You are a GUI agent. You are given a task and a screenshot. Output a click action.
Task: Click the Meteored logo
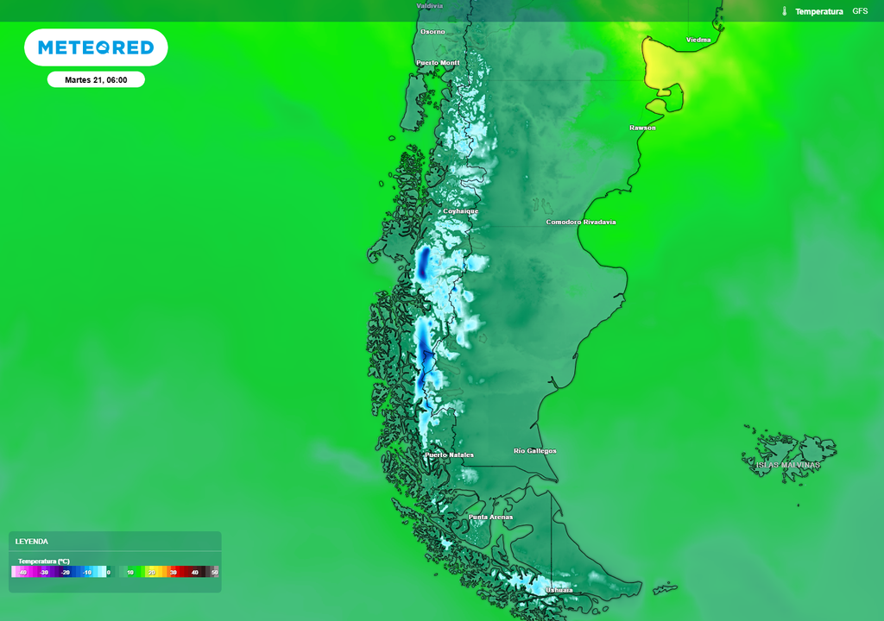point(96,47)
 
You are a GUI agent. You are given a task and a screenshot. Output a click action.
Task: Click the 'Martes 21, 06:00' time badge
point(96,80)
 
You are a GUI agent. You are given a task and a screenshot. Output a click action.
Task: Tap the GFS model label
point(860,11)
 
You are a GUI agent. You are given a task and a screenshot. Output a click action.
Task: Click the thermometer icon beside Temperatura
point(785,11)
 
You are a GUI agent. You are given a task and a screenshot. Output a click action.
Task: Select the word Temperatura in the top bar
point(818,11)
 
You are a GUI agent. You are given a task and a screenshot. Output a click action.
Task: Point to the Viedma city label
point(698,40)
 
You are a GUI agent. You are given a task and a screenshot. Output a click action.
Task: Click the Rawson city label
point(642,128)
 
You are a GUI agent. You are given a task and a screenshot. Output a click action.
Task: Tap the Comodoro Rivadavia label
point(581,222)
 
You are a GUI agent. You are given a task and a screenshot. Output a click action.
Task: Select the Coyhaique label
point(460,210)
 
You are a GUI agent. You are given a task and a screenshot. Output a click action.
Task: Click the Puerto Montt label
point(438,63)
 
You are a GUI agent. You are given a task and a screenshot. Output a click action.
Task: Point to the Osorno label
point(433,32)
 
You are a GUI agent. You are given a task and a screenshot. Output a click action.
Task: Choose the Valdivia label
point(430,5)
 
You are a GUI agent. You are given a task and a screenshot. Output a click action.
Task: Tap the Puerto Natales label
point(449,455)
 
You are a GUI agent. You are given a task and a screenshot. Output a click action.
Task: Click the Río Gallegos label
point(535,451)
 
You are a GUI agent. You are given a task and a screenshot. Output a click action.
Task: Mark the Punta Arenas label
point(490,517)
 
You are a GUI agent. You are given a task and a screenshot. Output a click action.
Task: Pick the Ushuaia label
point(559,590)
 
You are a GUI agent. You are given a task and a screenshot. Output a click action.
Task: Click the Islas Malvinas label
point(788,465)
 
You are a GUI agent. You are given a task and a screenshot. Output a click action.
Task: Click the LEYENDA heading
point(32,542)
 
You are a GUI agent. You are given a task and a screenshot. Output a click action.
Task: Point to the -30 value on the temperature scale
point(43,572)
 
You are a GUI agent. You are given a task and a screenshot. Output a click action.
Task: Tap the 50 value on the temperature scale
point(215,572)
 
